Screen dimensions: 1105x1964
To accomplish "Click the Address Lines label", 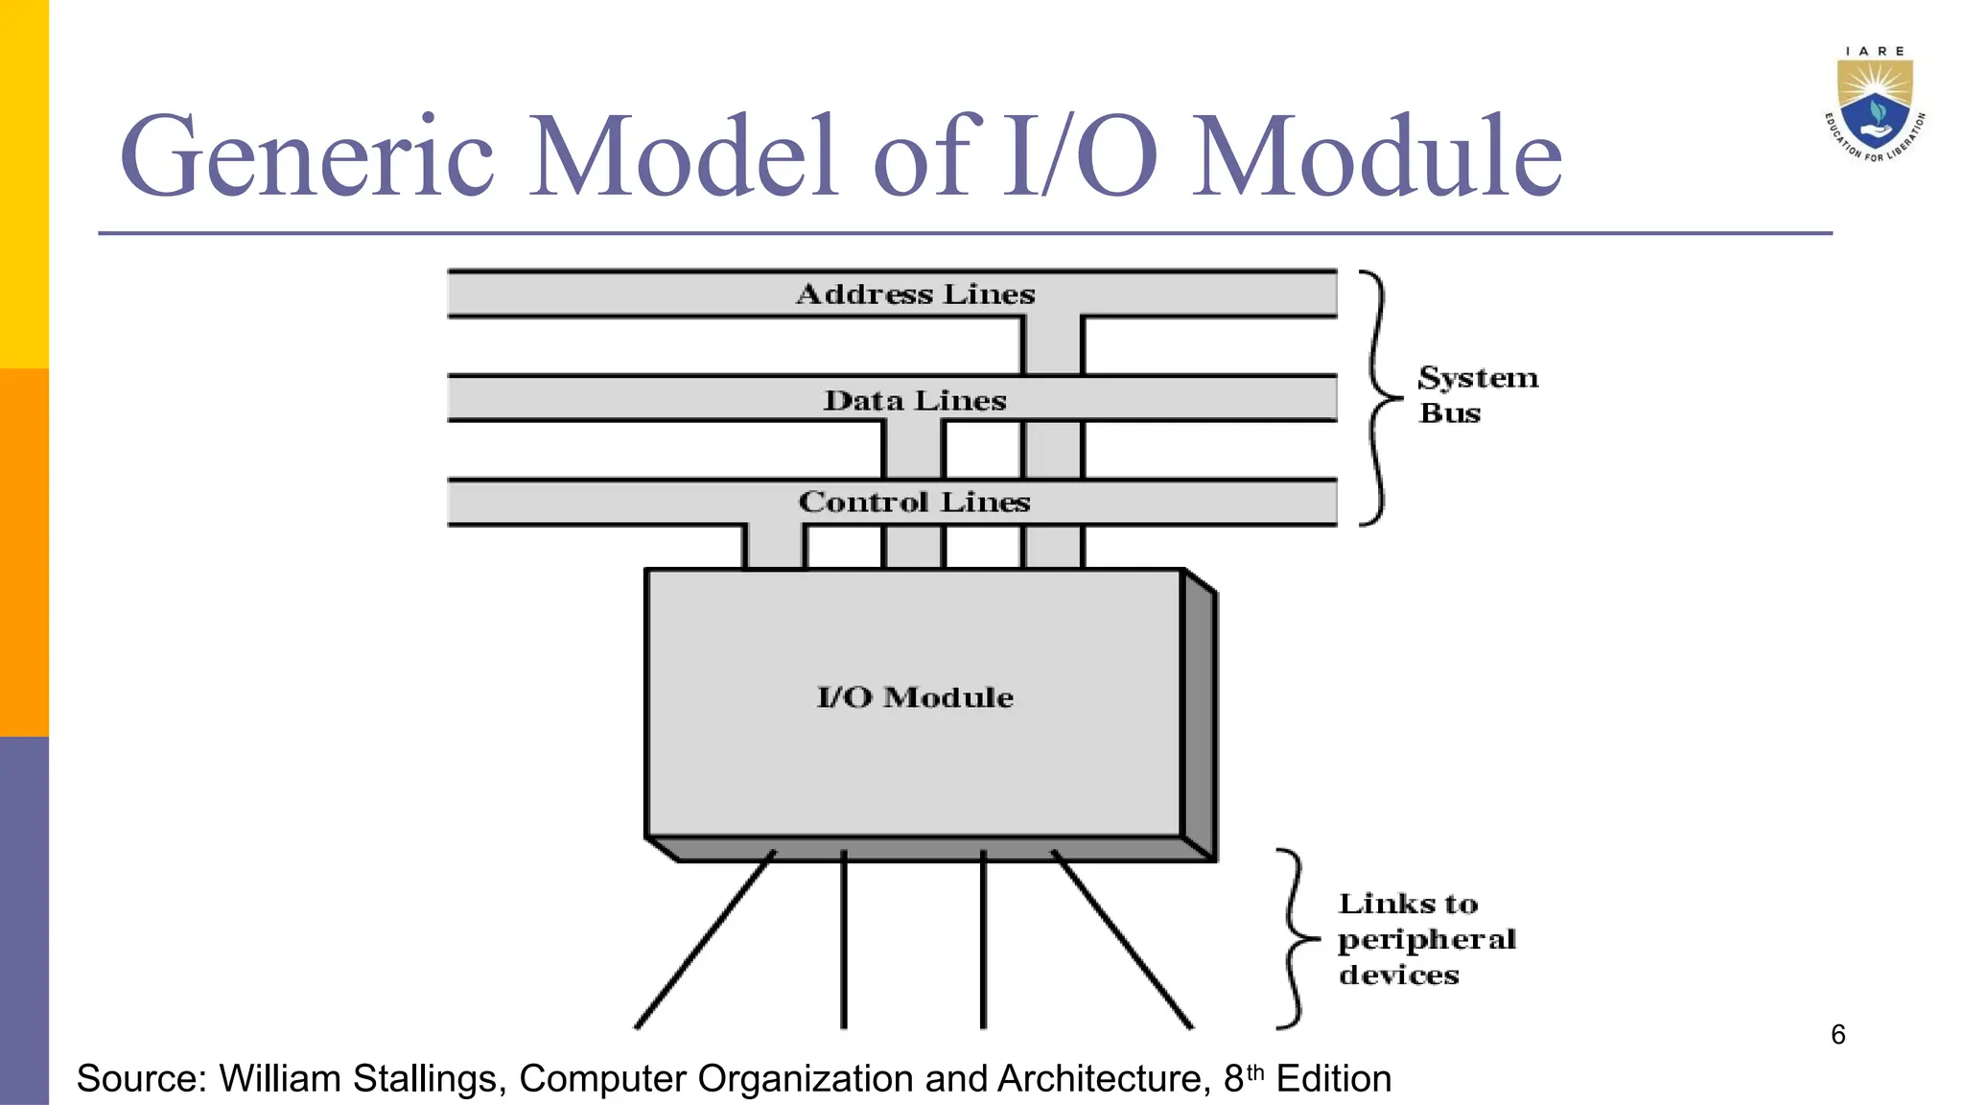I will pyautogui.click(x=915, y=294).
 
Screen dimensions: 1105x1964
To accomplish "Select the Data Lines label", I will pyautogui.click(x=915, y=400).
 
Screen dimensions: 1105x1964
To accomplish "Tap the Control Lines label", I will pyautogui.click(x=914, y=502).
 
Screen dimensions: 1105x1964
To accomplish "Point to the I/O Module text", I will pyautogui.click(x=915, y=697).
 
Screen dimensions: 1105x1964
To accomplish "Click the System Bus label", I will pyautogui.click(x=1477, y=394).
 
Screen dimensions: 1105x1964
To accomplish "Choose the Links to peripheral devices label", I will pyautogui.click(x=1426, y=939).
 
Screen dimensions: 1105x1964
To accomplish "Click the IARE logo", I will pyautogui.click(x=1874, y=104).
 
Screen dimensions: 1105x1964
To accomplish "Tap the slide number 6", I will pyautogui.click(x=1837, y=1034).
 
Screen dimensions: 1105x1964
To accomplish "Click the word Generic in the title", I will pyautogui.click(x=307, y=156).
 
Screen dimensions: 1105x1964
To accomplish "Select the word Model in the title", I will pyautogui.click(x=684, y=156).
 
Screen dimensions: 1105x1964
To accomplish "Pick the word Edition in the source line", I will pyautogui.click(x=1333, y=1079).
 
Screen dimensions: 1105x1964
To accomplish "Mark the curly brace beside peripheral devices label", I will pyautogui.click(x=1296, y=939).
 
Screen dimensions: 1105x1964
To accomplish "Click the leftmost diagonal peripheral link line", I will pyautogui.click(x=705, y=940).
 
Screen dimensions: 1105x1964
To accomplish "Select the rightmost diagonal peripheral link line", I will pyautogui.click(x=1122, y=940).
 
